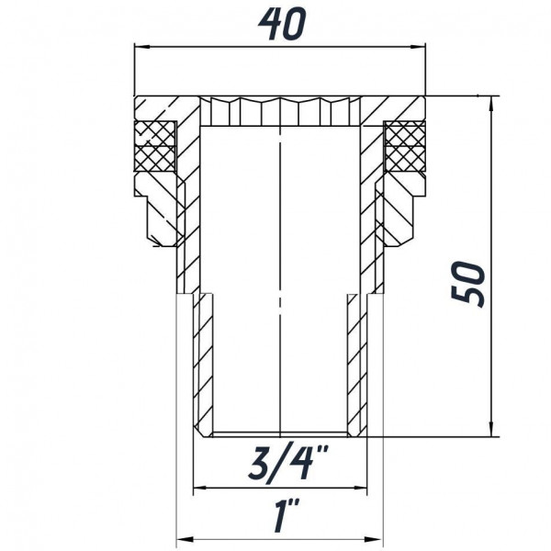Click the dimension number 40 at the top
(x=279, y=26)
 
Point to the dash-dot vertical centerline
(x=279, y=275)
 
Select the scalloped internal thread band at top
(x=279, y=112)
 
